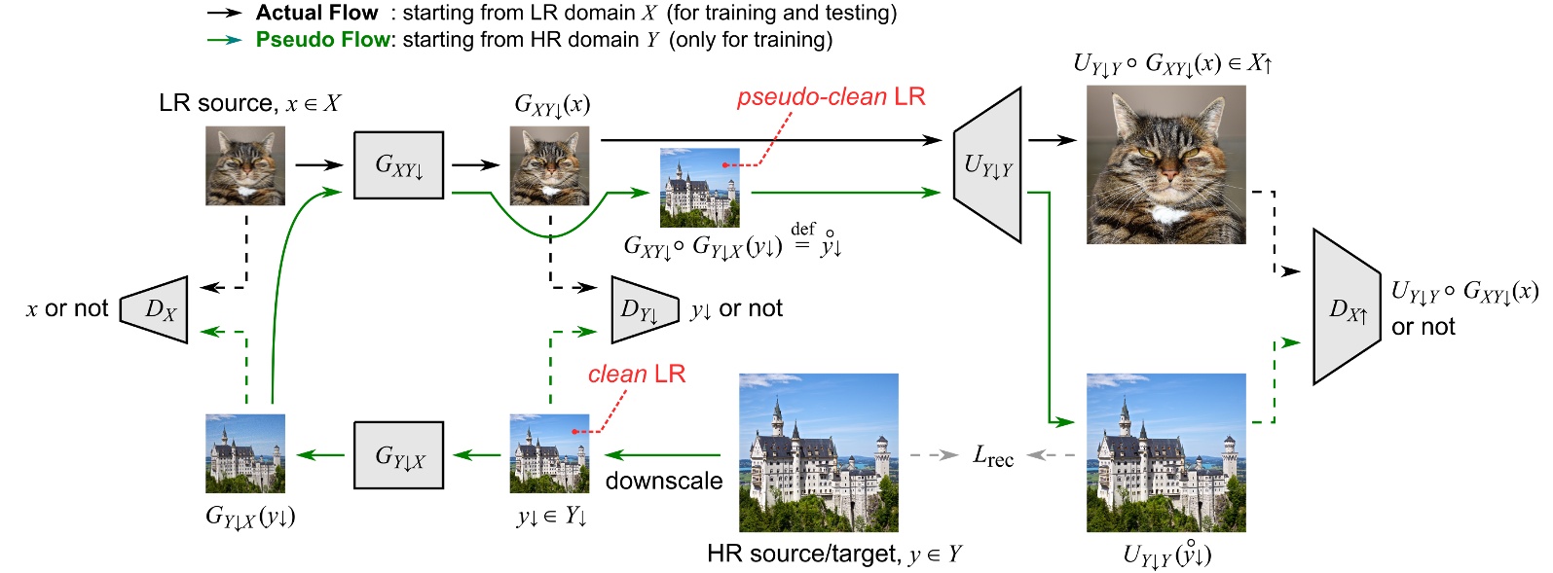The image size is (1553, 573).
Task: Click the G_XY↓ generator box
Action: pos(398,165)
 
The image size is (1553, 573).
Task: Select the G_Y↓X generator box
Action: pos(398,454)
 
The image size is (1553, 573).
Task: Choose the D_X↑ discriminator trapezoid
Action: pos(1347,308)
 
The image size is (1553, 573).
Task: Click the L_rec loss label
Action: pos(993,455)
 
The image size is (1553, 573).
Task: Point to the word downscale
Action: pos(664,481)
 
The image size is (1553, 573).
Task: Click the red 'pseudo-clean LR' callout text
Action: pos(831,96)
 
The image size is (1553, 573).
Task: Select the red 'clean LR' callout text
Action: pos(637,374)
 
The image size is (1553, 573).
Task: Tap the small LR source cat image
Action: pos(245,165)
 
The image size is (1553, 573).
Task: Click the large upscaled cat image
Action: pos(1165,164)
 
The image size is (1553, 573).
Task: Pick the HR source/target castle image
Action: pos(818,452)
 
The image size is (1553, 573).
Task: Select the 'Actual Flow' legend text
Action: pos(316,13)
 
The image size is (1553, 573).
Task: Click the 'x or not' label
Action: pos(67,309)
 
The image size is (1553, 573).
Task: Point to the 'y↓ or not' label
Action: pos(736,309)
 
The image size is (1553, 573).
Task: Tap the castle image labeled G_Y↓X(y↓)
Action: pos(245,453)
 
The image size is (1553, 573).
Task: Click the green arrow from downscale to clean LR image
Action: pos(662,454)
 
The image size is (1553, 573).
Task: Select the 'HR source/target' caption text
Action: pos(803,554)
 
